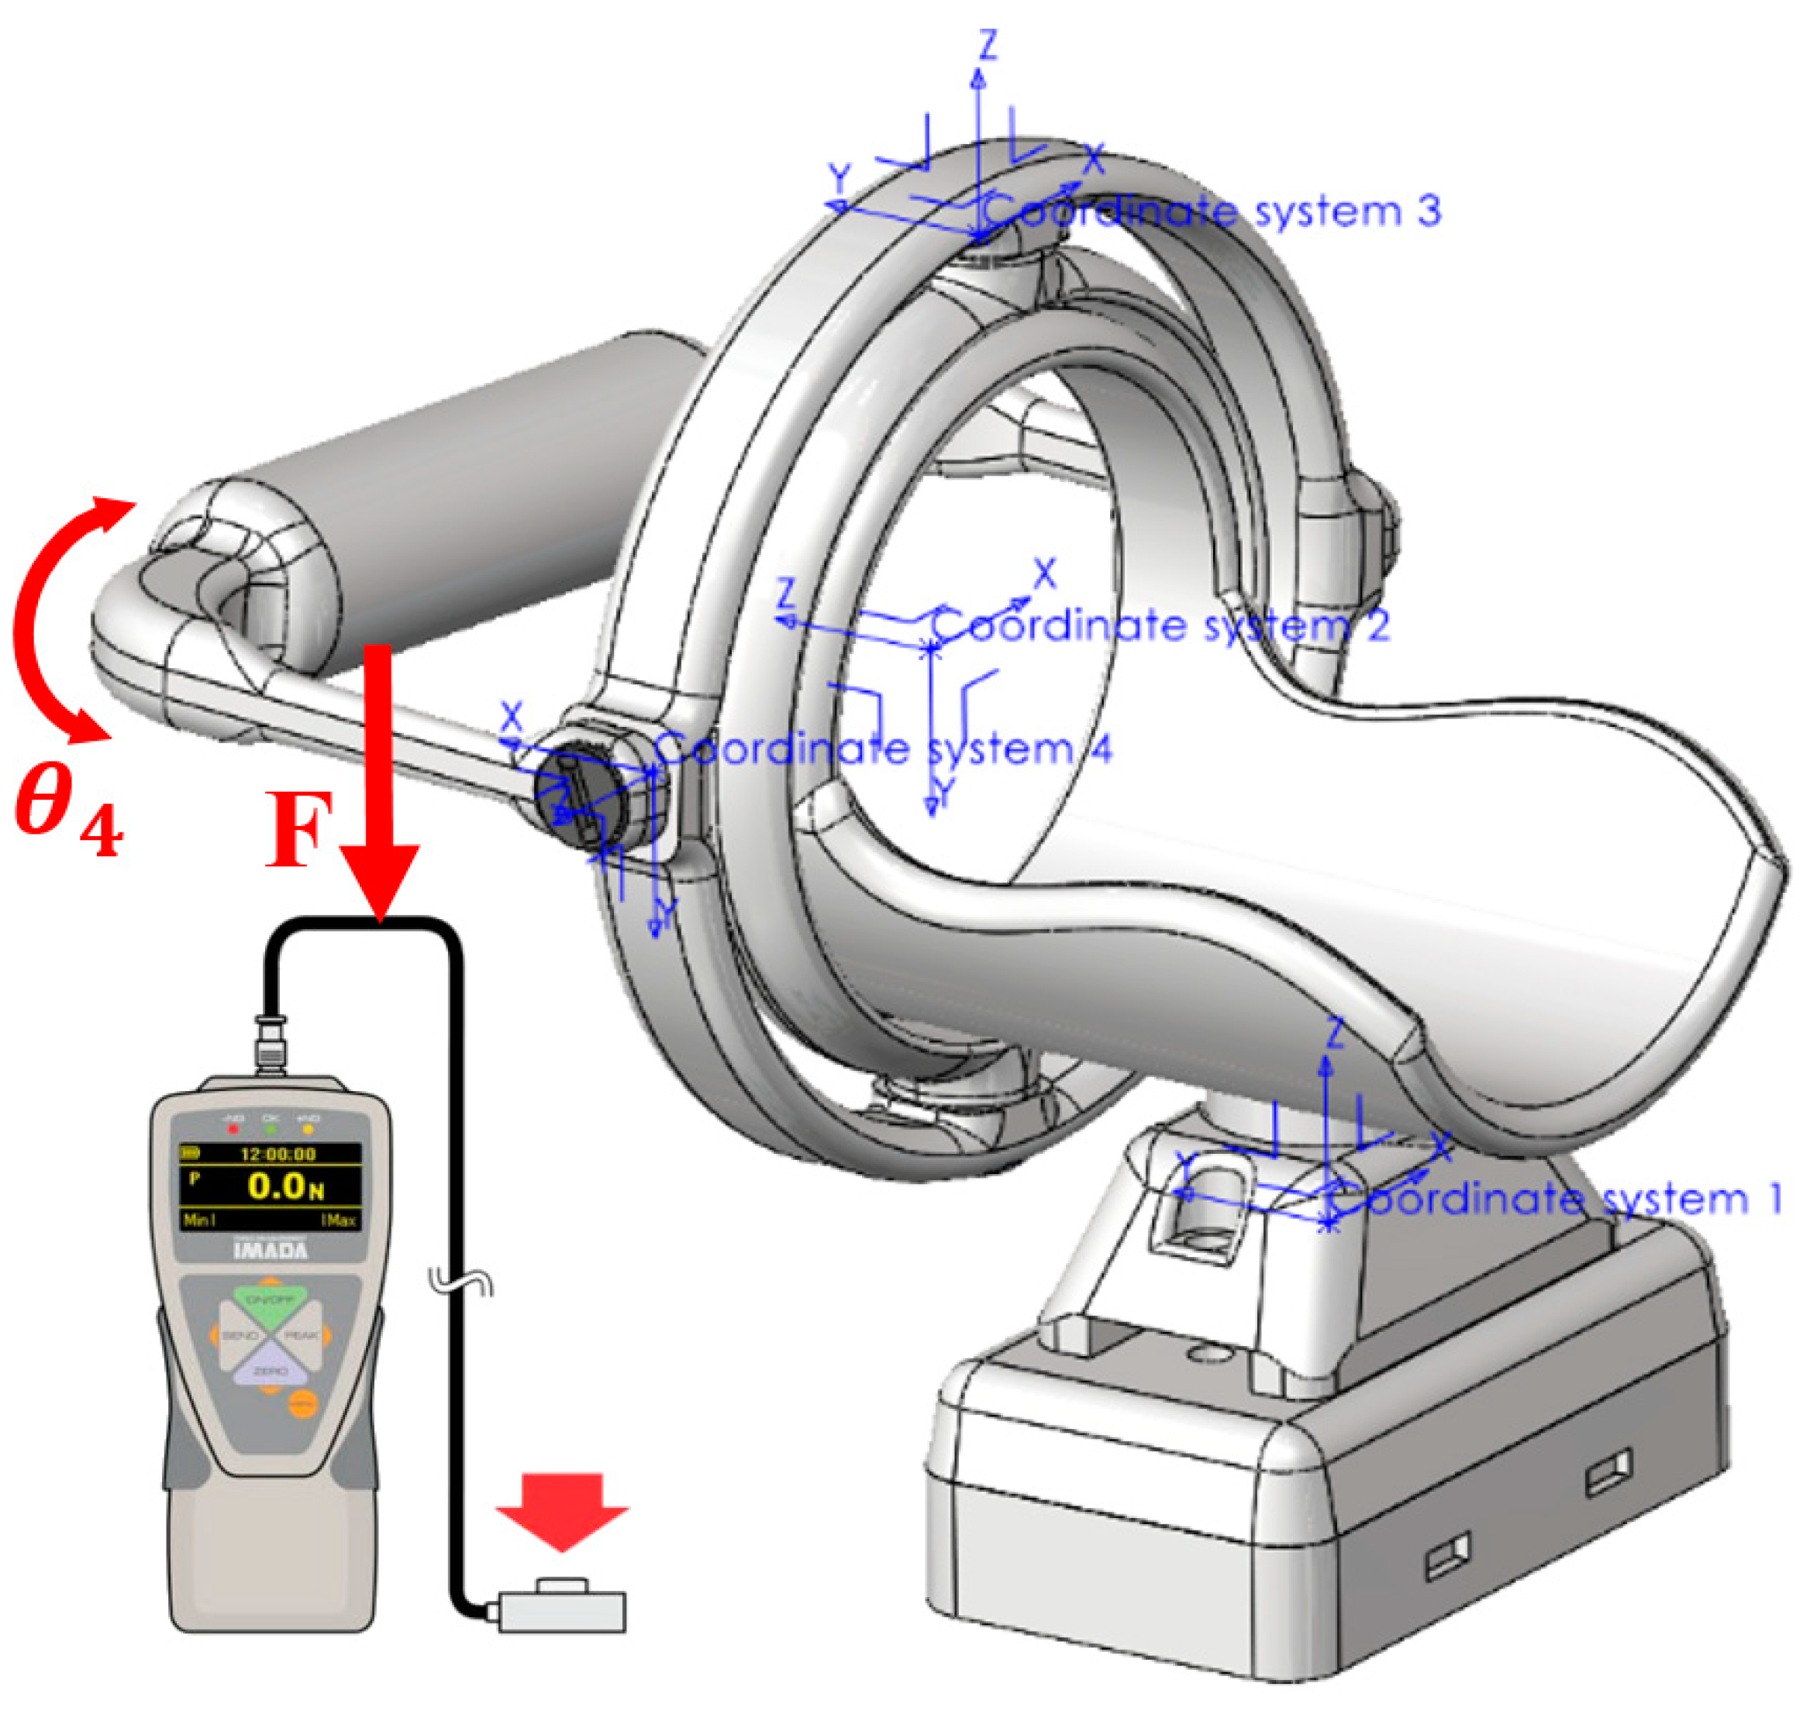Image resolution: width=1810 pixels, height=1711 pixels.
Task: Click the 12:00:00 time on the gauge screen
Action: [278, 1154]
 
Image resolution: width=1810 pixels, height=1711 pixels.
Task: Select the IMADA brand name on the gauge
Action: [271, 1249]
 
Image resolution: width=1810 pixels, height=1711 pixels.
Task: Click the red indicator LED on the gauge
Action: [233, 1128]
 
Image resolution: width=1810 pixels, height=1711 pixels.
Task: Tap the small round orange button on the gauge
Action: [303, 1405]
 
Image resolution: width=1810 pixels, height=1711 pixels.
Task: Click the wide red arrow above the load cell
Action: [562, 1510]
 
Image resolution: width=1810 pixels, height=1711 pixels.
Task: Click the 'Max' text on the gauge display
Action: [341, 1220]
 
